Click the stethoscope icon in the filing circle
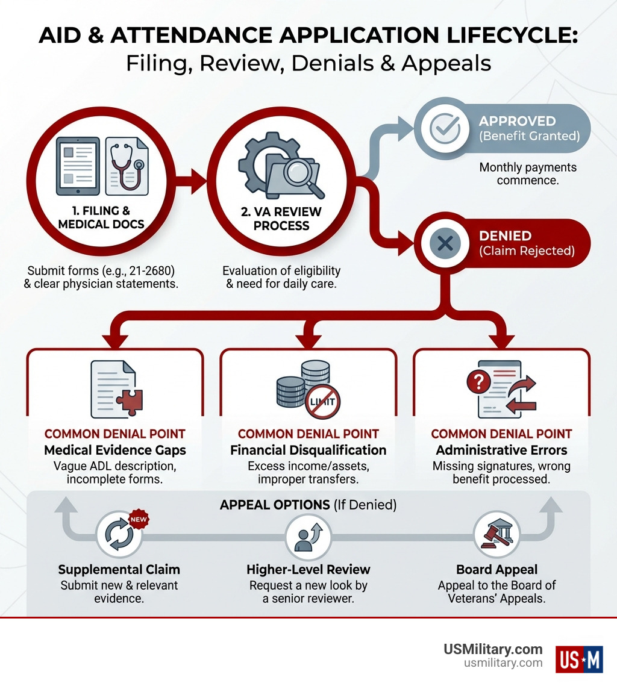point(127,166)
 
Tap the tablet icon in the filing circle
point(78,166)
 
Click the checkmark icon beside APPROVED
point(445,128)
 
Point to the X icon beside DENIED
point(445,243)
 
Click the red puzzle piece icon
point(130,400)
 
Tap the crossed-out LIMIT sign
point(322,402)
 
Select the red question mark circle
point(478,382)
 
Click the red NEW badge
point(139,520)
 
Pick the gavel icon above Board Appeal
point(496,534)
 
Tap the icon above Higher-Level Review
point(308,537)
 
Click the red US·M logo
point(579,659)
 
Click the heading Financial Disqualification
point(308,450)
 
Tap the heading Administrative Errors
point(501,450)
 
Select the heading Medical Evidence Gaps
point(115,450)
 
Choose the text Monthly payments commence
point(528,173)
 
